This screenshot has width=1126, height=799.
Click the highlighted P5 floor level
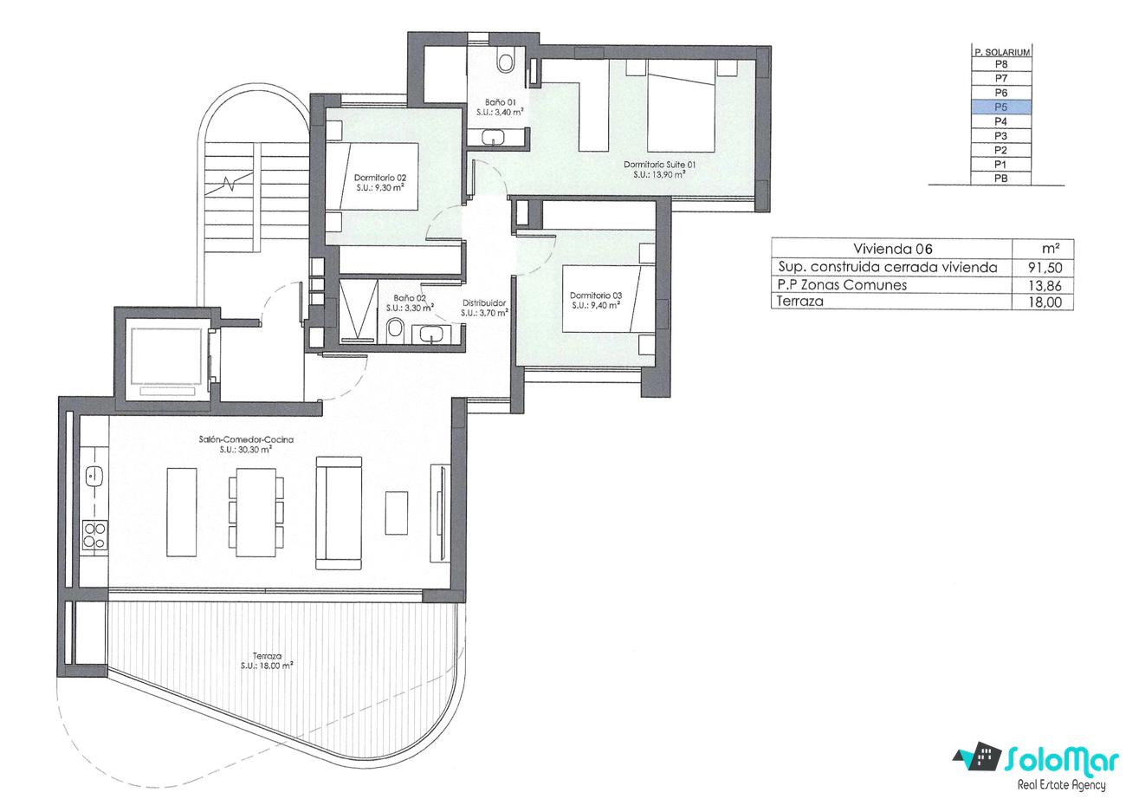coord(1000,107)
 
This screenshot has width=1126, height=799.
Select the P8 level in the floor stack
coord(1000,64)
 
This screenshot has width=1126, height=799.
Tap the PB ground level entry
coord(1000,179)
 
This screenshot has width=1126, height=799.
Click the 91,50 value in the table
coord(1045,268)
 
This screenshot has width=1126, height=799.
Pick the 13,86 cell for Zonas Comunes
coord(1045,286)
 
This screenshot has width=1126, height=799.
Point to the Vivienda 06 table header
coord(892,249)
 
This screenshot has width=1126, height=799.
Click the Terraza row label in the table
coord(800,302)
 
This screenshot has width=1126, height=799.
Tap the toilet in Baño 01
coord(505,61)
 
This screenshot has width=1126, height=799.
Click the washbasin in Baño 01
coord(496,137)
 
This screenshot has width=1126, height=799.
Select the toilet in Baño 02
coord(395,330)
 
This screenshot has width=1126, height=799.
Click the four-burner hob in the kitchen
coord(94,535)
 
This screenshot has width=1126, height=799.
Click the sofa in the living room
coord(339,513)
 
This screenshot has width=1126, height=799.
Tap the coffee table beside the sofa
coord(397,513)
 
